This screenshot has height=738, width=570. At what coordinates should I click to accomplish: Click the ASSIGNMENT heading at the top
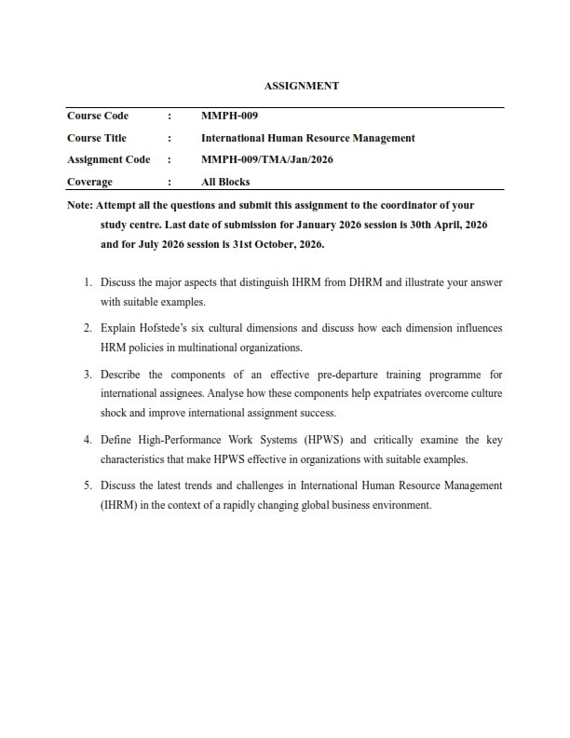click(x=301, y=86)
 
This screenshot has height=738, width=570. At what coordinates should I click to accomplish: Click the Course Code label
click(x=98, y=116)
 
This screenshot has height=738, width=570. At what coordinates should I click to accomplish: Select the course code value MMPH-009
click(x=229, y=116)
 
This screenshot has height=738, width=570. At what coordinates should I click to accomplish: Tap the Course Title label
click(x=97, y=138)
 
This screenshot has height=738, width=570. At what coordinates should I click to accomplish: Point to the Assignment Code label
click(x=108, y=159)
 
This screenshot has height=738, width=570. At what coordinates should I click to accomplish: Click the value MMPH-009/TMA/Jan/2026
click(x=267, y=159)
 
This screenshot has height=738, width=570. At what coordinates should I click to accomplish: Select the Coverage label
click(x=89, y=182)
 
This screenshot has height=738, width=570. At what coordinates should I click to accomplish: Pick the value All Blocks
click(x=225, y=182)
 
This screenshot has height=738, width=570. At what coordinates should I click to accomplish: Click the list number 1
click(x=87, y=280)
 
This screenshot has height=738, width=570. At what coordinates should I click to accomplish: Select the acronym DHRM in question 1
click(x=319, y=280)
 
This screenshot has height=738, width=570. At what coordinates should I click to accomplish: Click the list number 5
click(x=87, y=485)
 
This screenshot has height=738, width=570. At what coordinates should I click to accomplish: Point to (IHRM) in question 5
click(x=119, y=505)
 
